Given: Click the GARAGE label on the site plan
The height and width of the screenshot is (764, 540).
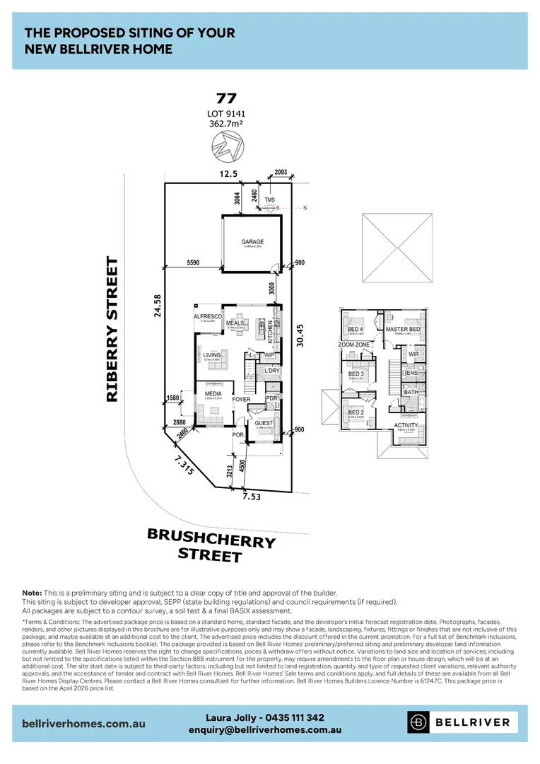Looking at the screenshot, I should coord(252,242).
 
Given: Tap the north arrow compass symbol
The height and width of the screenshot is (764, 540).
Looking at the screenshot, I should coord(227,146).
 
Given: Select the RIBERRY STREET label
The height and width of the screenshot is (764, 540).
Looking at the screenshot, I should coord(112,330).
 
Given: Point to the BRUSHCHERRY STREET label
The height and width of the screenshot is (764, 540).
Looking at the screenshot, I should coord(210,544).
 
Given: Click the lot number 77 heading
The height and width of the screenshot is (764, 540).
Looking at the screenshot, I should coord(227,99).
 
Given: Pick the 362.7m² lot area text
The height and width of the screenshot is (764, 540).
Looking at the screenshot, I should coord(227,123).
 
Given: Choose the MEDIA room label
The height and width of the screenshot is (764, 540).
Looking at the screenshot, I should coord(213,393).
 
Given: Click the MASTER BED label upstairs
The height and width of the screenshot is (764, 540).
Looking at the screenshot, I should coord(403,330).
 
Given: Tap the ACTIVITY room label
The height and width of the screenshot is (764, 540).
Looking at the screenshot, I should coord(406,425).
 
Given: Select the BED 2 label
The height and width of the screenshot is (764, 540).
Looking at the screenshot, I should coord(356,412).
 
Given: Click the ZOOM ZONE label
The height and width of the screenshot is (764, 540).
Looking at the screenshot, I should coord(353,345).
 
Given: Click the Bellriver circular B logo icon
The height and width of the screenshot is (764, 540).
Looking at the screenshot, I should coord(418,722).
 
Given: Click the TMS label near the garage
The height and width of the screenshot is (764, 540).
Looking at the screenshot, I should coord(269,200).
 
